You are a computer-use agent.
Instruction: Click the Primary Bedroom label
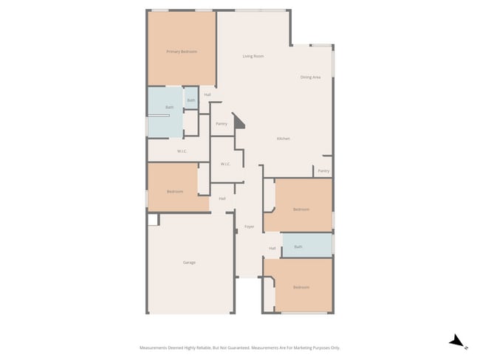point(181,52)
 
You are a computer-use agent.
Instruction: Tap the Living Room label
point(253,56)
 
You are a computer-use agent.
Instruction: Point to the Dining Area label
point(310,77)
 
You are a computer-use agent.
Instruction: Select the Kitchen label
point(283,139)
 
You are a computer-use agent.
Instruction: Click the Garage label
point(189,263)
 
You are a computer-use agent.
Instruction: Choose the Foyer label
point(250,226)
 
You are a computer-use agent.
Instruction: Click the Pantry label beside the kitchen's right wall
point(323,171)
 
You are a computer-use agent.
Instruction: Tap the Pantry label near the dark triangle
point(221,124)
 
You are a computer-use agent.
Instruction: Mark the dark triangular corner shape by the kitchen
point(239,122)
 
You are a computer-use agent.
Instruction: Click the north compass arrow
point(458,341)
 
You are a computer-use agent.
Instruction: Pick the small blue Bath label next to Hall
point(191,100)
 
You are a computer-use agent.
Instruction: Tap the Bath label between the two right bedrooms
point(298,247)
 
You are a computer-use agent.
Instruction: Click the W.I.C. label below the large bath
point(182,152)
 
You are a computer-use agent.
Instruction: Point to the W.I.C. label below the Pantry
point(226,164)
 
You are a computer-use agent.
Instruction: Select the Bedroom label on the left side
point(174,192)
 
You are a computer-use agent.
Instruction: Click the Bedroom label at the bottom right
point(301,287)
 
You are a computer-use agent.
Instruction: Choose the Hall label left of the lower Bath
point(272,249)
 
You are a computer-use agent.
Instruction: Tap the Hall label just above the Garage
point(222,198)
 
